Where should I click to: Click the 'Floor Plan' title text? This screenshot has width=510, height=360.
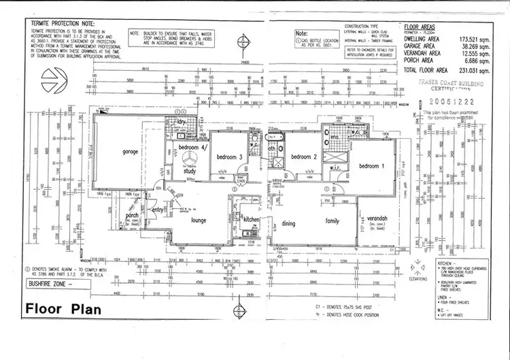click(x=63, y=309)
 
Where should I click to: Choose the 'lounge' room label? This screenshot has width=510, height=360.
click(x=198, y=220)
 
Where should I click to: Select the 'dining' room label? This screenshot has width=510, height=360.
click(x=289, y=222)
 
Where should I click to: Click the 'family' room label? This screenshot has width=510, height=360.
click(x=333, y=221)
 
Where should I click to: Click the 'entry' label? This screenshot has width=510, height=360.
click(x=158, y=211)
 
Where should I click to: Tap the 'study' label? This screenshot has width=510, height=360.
click(x=190, y=171)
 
